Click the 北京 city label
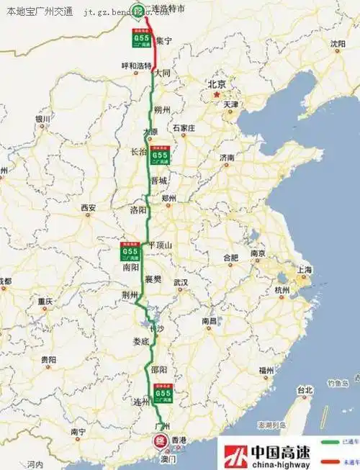coord(217,84)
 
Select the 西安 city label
coord(88,208)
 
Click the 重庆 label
coord(46,301)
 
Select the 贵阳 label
coord(48,358)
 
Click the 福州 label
coord(266,370)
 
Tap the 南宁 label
coord(79,431)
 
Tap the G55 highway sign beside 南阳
coord(130,252)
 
